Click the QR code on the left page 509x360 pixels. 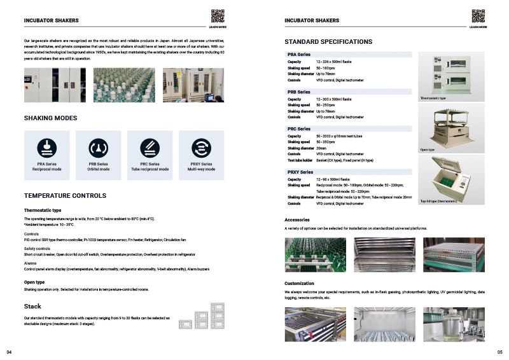coord(217,17)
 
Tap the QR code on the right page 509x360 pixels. coord(478,17)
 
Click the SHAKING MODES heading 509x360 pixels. coord(50,118)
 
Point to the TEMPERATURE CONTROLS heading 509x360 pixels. coord(65,195)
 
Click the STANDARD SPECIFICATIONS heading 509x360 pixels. coord(328,42)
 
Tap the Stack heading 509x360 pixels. coord(32,307)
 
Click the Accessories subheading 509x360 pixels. coord(297,220)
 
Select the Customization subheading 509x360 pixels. coord(299,284)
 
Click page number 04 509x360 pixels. coord(9,352)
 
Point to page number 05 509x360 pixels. coord(499,352)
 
